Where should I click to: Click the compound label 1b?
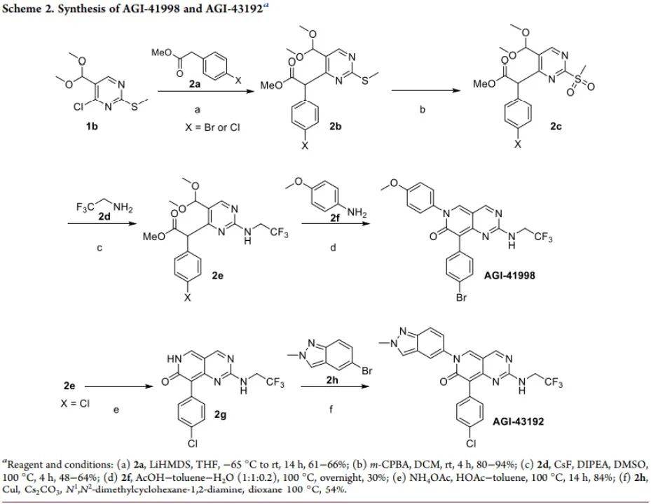pyautogui.click(x=92, y=126)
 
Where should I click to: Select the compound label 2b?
pyautogui.click(x=336, y=126)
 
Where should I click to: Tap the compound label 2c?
pyautogui.click(x=556, y=126)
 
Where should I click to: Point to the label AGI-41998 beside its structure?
pyautogui.click(x=509, y=274)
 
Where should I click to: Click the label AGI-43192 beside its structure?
pyautogui.click(x=518, y=421)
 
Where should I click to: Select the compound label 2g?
pyautogui.click(x=220, y=414)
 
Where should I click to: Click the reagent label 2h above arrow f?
pyautogui.click(x=332, y=380)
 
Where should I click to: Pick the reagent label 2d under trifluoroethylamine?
pyautogui.click(x=104, y=216)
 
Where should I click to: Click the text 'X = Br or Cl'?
pyautogui.click(x=212, y=127)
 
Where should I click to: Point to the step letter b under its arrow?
pyautogui.click(x=423, y=110)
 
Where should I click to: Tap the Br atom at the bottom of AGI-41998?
pyautogui.click(x=462, y=297)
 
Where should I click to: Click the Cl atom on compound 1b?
pyautogui.click(x=79, y=106)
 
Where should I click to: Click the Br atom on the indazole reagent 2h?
pyautogui.click(x=367, y=370)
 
